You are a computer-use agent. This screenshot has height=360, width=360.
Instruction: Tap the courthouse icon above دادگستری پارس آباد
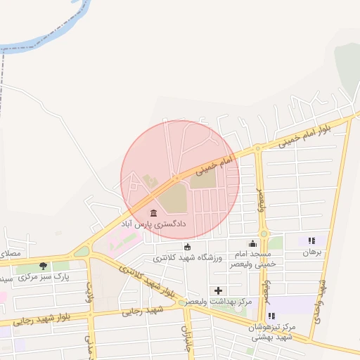[153, 212]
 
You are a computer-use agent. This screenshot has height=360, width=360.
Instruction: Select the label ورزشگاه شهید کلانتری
[187, 258]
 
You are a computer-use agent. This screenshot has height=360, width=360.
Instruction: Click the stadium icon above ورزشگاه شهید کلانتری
[187, 247]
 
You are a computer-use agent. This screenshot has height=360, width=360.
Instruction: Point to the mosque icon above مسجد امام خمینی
[252, 243]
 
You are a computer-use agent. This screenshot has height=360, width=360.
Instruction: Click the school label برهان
[311, 252]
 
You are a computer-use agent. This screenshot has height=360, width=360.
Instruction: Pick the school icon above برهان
[311, 240]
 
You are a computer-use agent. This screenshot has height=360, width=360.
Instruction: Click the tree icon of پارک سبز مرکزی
[44, 266]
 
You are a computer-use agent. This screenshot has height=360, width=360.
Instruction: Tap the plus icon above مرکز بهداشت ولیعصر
[218, 290]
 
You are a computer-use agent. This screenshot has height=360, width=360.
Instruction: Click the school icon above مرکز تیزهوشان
[271, 316]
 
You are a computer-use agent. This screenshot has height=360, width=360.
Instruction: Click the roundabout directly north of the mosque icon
[264, 233]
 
